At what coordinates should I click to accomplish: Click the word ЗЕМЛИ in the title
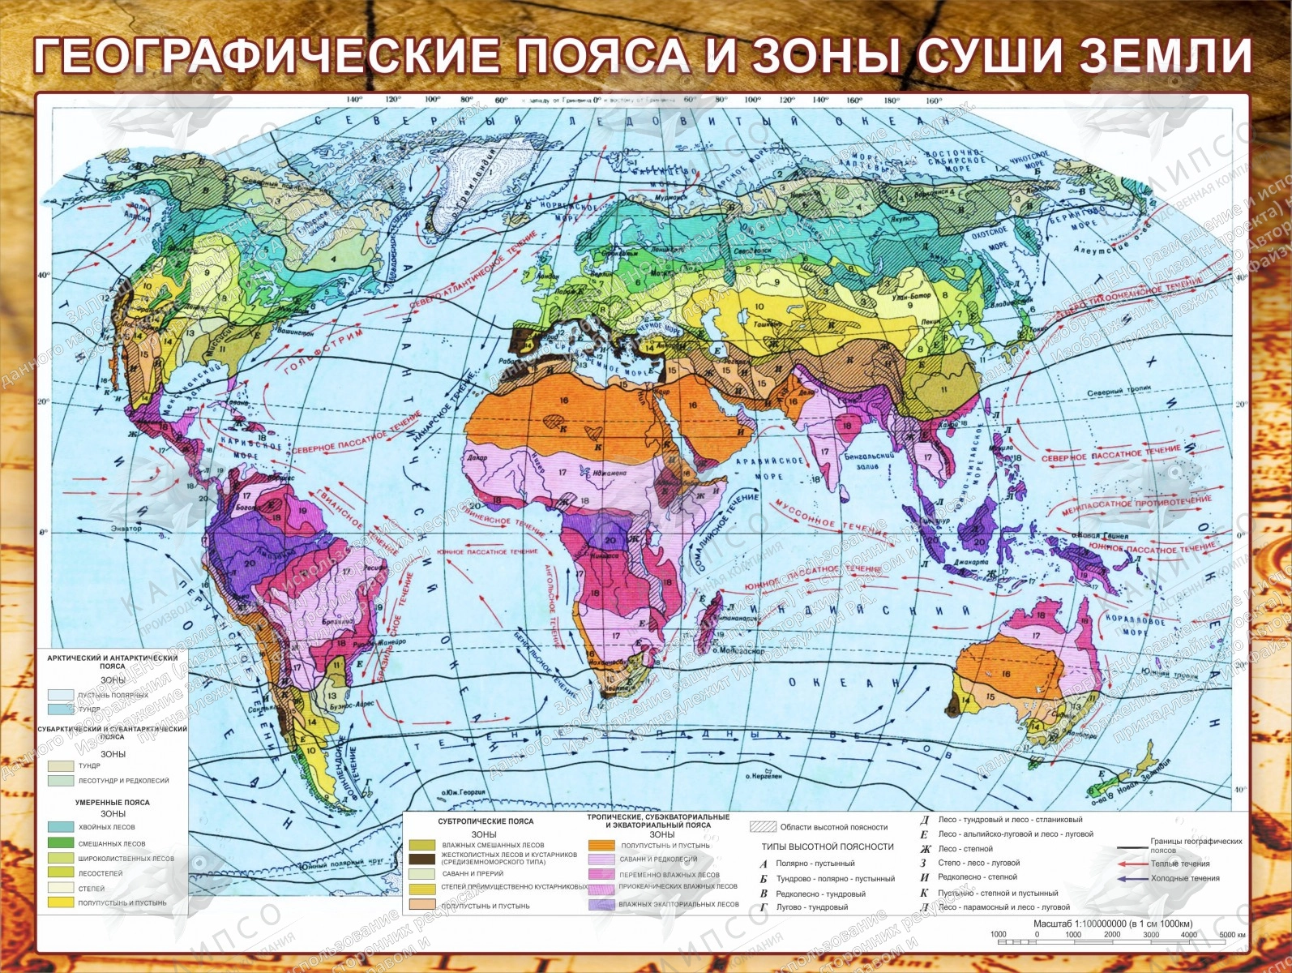[x=1166, y=54]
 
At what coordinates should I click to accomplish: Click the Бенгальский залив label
[x=868, y=460]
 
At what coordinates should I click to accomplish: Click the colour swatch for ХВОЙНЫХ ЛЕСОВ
[x=61, y=827]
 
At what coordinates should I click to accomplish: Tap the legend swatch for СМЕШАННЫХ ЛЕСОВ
[x=61, y=843]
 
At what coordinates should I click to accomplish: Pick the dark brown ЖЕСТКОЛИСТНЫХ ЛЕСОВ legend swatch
[x=421, y=859]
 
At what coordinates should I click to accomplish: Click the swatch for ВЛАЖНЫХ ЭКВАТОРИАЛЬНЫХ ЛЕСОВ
[x=601, y=904]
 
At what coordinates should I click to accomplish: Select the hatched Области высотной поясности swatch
[x=762, y=827]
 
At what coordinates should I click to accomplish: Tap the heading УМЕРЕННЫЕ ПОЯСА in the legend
[x=113, y=802]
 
